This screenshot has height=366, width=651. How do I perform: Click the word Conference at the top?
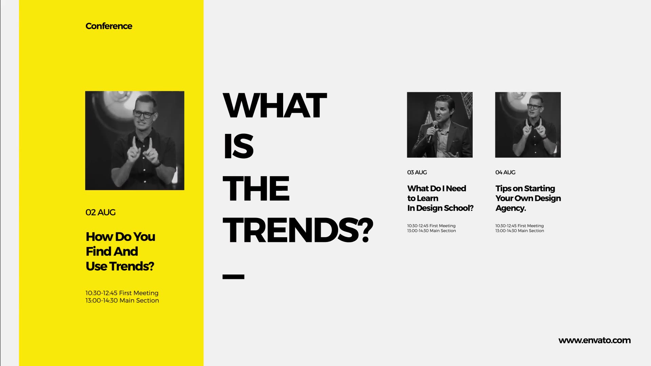pos(109,26)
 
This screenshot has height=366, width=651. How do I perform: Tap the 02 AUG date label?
pos(100,212)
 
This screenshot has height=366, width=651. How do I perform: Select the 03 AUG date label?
pos(417,172)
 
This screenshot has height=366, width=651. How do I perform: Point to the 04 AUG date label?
pos(505,172)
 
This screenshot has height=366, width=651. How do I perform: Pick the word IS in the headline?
pos(238,146)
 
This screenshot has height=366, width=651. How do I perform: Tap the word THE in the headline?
pos(256,188)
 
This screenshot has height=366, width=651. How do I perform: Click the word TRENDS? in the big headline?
pos(298,230)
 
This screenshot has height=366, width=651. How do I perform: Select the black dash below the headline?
pos(233,277)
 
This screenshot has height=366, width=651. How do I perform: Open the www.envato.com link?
pos(594,341)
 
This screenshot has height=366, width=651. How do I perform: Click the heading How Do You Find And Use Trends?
pos(120,251)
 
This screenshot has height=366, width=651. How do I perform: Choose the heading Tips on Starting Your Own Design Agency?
pos(528,198)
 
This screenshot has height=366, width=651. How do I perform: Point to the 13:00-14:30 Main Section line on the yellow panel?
pos(122,301)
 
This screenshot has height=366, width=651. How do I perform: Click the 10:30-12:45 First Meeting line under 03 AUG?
pos(431,226)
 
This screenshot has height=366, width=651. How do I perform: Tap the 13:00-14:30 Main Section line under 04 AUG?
pos(519,231)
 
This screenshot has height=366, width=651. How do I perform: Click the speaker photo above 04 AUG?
pos(528,125)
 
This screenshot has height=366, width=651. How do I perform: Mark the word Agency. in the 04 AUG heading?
pos(511,208)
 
